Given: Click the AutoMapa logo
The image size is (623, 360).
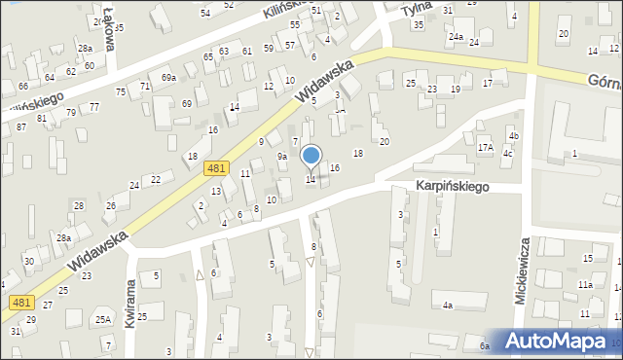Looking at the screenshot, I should pyautogui.click(x=560, y=341).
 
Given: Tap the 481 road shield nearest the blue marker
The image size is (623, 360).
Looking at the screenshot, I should pyautogui.click(x=218, y=168).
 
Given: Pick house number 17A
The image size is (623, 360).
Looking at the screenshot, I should pyautogui.click(x=486, y=148).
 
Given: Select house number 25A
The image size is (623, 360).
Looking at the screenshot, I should pyautogui.click(x=102, y=319).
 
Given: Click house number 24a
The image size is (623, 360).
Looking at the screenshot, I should pyautogui.click(x=455, y=37).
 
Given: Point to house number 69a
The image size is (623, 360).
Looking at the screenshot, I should pyautogui.click(x=169, y=77).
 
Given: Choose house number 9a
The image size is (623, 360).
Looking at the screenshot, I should pyautogui.click(x=282, y=156).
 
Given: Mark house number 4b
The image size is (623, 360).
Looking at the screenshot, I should pyautogui.click(x=514, y=135).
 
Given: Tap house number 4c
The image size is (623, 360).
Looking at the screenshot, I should pyautogui.click(x=507, y=154).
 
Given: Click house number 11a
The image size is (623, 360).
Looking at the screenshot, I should pyautogui.click(x=585, y=284).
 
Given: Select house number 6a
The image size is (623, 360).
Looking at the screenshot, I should pyautogui.click(x=484, y=345).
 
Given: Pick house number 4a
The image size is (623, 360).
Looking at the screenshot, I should pyautogui.click(x=448, y=306).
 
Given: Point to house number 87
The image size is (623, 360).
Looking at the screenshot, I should pyautogui.click(x=21, y=127).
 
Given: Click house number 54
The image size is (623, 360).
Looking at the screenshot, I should pyautogui.click(x=205, y=13).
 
